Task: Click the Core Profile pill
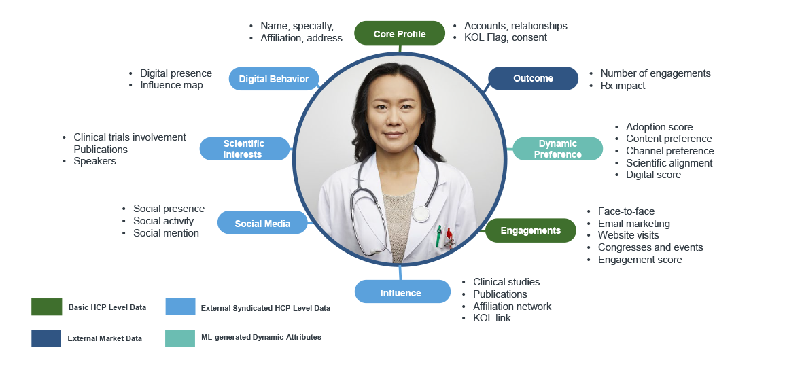(x=400, y=34)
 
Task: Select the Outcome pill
(x=533, y=78)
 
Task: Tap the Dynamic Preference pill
(x=557, y=149)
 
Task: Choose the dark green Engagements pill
(x=530, y=230)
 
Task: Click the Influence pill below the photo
(x=400, y=293)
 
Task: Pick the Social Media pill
(x=262, y=224)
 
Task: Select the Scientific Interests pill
(x=245, y=149)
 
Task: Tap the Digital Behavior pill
(x=274, y=79)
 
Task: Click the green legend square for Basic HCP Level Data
(x=46, y=307)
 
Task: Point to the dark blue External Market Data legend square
(x=46, y=338)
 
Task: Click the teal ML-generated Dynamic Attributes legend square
(x=180, y=338)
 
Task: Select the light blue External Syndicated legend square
(x=181, y=307)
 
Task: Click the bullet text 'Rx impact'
(x=623, y=86)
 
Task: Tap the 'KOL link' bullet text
(x=491, y=318)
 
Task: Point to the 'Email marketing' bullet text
(x=633, y=224)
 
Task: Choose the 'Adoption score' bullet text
(x=659, y=127)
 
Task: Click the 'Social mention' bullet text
(x=167, y=233)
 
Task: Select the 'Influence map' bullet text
(x=171, y=85)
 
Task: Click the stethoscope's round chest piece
(x=421, y=213)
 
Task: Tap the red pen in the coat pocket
(x=449, y=237)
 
